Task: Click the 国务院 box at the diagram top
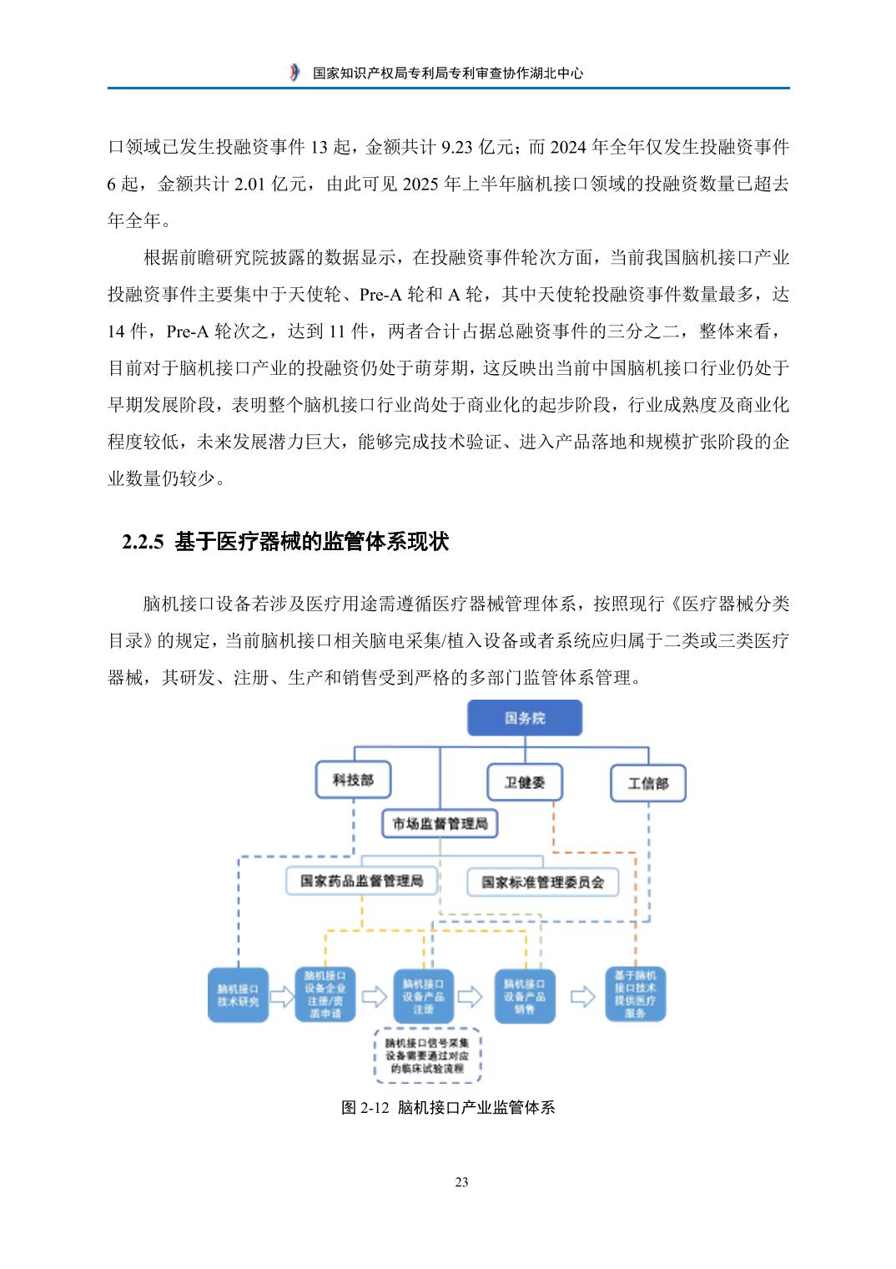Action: click(524, 718)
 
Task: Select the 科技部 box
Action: click(353, 781)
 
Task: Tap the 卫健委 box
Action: click(524, 783)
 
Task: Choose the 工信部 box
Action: click(647, 784)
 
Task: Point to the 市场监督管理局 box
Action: click(440, 824)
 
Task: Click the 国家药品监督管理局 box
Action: click(361, 881)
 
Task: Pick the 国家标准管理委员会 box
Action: click(542, 882)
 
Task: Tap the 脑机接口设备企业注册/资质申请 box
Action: click(325, 994)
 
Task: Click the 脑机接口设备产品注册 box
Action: click(423, 996)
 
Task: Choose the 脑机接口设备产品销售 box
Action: click(524, 996)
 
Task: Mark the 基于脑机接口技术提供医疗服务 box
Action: click(635, 993)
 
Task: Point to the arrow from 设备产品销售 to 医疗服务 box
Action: click(581, 996)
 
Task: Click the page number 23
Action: click(461, 1182)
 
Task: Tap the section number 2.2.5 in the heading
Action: click(146, 543)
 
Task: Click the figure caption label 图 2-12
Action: click(365, 1108)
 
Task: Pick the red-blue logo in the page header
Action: click(294, 73)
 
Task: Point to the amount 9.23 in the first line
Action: click(457, 148)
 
